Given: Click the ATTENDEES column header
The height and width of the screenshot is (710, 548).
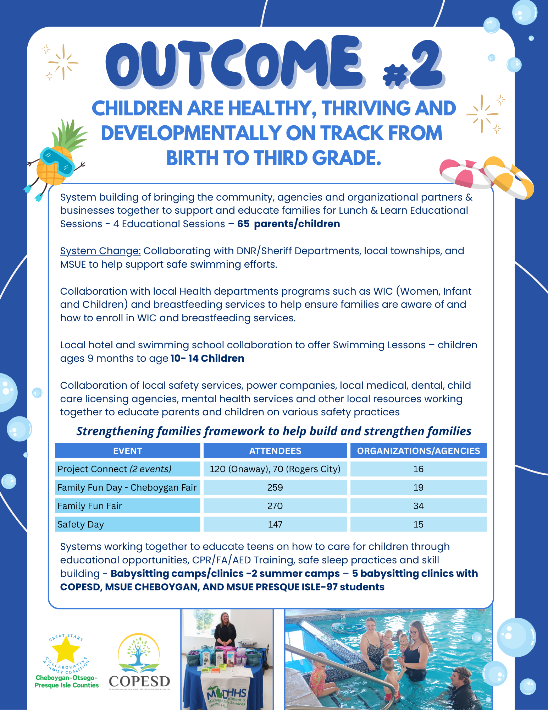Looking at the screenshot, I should point(275,451).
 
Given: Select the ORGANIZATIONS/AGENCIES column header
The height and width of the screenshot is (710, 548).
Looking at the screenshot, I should point(418,451).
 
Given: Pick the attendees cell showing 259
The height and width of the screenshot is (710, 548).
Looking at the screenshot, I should point(275,487).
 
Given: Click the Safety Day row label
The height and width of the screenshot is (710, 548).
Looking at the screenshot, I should point(81,524).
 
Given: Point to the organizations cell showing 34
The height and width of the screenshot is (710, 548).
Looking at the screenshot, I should point(418,506).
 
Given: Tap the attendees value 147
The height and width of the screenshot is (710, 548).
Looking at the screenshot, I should point(275,524).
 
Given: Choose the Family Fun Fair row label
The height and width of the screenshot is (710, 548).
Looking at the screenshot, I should point(90,506).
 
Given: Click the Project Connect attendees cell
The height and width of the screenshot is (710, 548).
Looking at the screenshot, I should point(275,469).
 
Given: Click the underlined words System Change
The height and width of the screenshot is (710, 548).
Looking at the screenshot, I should point(100,251).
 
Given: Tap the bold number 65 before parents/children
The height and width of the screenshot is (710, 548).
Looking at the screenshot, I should point(243,224).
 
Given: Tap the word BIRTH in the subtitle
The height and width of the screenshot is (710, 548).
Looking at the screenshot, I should point(192,158).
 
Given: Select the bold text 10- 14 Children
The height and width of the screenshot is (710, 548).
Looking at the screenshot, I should point(207,359).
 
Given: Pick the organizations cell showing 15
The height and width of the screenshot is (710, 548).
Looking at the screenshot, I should point(418,524).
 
